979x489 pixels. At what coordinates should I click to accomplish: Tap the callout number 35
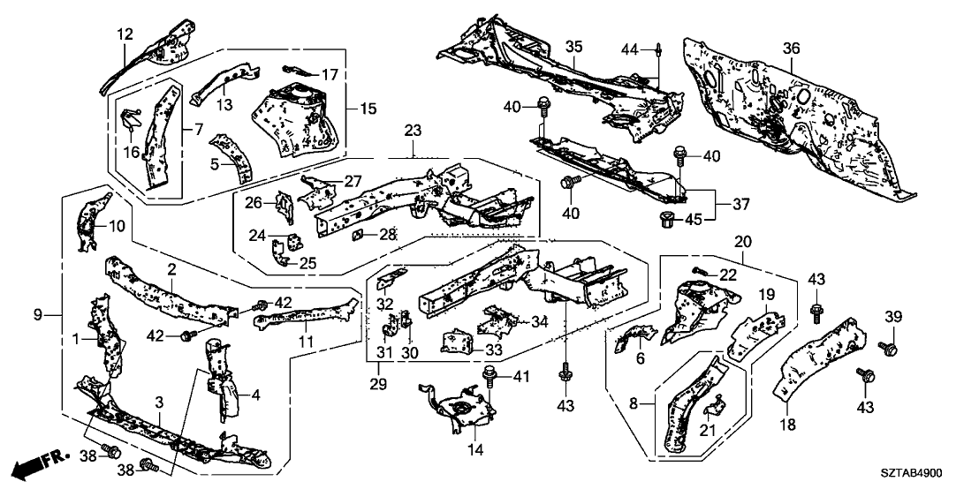[573, 46]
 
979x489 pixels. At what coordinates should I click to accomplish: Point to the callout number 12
[125, 34]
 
